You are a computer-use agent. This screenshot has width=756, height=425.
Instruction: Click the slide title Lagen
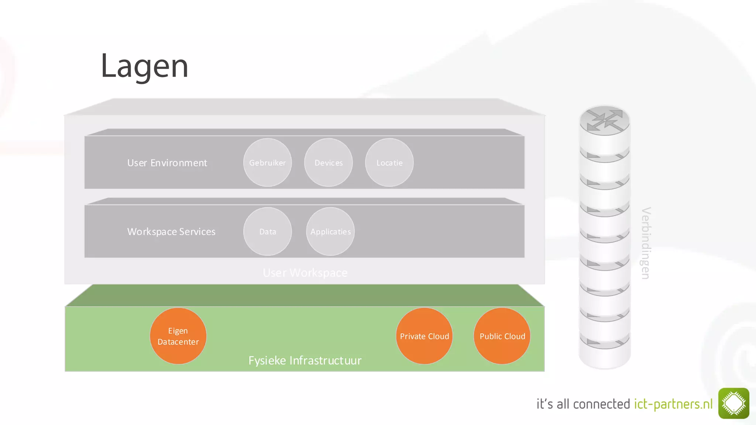coord(144,66)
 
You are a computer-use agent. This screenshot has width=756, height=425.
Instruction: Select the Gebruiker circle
coord(267,163)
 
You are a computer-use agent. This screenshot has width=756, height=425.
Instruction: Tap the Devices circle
coord(328,163)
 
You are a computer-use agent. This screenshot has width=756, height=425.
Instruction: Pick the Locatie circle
coord(389,163)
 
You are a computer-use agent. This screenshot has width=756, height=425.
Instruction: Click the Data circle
coord(267,232)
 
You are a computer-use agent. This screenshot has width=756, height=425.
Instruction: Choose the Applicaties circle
coord(330,232)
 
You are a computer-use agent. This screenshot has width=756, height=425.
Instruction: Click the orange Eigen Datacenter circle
coord(178,336)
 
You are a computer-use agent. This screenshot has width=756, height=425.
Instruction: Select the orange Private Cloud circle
coord(424,336)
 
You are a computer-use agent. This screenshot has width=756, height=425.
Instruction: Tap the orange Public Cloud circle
coord(502,336)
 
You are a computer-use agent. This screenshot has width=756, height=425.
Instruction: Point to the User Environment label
coord(167,163)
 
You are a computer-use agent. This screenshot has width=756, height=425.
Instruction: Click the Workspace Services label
coord(171,232)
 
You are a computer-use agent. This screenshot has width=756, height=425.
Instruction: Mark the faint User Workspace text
coord(305,273)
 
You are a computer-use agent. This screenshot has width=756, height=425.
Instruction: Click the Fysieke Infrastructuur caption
coord(305,360)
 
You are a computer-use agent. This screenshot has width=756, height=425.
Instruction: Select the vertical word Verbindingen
coord(646,243)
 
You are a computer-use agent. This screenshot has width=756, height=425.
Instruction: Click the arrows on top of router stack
coord(605,120)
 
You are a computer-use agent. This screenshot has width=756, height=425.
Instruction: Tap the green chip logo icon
coord(733,403)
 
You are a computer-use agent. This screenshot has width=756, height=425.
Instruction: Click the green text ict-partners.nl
coord(673,404)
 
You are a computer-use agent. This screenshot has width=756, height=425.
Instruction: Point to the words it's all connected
coord(583,404)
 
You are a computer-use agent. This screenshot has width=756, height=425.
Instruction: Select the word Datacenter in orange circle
coord(178,342)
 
